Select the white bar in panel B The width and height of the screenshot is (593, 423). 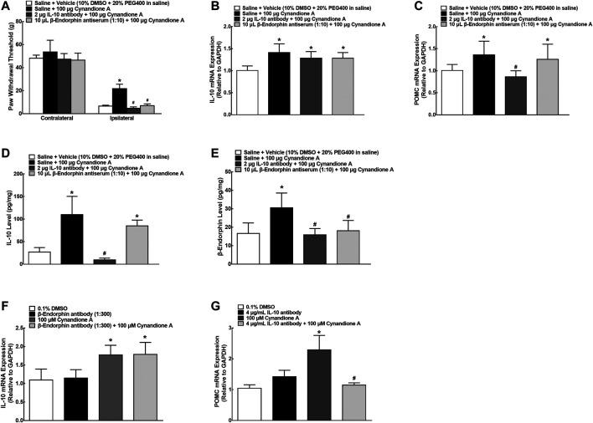pos(247,92)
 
